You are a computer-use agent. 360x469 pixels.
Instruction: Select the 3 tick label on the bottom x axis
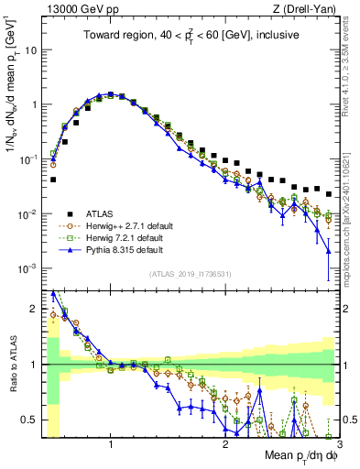click(x=338, y=444)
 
